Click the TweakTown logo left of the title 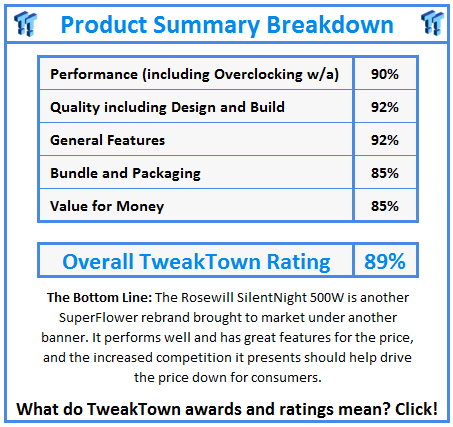pyautogui.click(x=25, y=23)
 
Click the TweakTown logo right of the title pyautogui.click(x=432, y=23)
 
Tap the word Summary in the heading pyautogui.click(x=206, y=26)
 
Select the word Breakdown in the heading pyautogui.click(x=330, y=25)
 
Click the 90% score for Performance pyautogui.click(x=385, y=74)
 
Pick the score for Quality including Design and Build pyautogui.click(x=385, y=107)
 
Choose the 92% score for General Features pyautogui.click(x=385, y=140)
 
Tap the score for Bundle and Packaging pyautogui.click(x=385, y=173)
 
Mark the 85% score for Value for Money pyautogui.click(x=385, y=206)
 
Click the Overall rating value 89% pyautogui.click(x=385, y=261)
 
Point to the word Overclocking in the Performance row pyautogui.click(x=258, y=75)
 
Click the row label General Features pyautogui.click(x=107, y=140)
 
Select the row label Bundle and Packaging pyautogui.click(x=125, y=174)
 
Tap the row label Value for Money pyautogui.click(x=107, y=206)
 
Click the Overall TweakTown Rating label pyautogui.click(x=196, y=262)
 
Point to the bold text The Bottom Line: pyautogui.click(x=99, y=297)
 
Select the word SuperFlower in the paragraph pyautogui.click(x=98, y=318)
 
